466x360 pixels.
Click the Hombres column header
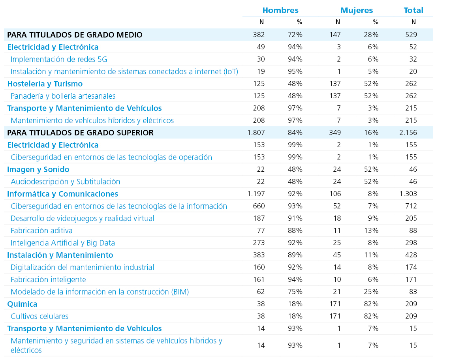click(x=280, y=10)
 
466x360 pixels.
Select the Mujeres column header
click(x=356, y=10)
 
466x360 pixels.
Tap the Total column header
click(x=413, y=10)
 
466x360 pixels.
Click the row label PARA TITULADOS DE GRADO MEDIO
click(x=75, y=35)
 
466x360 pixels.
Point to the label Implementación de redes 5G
click(x=59, y=59)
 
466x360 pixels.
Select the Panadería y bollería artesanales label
click(x=63, y=96)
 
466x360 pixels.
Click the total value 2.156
click(x=408, y=133)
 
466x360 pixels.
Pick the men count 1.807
click(x=256, y=133)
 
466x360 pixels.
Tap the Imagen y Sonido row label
click(x=38, y=169)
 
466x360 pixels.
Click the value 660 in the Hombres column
click(x=259, y=206)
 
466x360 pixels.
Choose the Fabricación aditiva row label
click(x=41, y=231)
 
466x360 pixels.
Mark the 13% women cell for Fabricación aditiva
click(x=371, y=231)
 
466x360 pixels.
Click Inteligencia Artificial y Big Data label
click(x=63, y=243)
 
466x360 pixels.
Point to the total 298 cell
click(x=411, y=243)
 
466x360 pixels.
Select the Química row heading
click(x=22, y=304)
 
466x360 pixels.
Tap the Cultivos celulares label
click(x=39, y=316)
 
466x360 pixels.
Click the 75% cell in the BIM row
click(x=295, y=292)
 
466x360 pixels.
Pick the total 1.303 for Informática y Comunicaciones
click(x=408, y=194)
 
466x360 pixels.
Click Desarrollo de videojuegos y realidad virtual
click(x=82, y=218)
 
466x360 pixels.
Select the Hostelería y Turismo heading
click(x=45, y=84)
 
